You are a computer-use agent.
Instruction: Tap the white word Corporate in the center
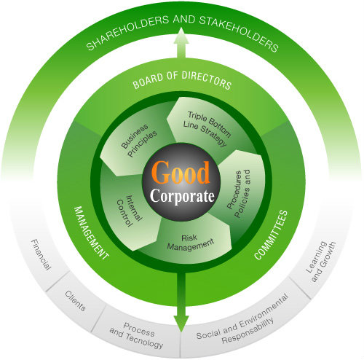click(x=182, y=197)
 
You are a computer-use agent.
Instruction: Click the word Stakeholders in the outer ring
click(x=232, y=41)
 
